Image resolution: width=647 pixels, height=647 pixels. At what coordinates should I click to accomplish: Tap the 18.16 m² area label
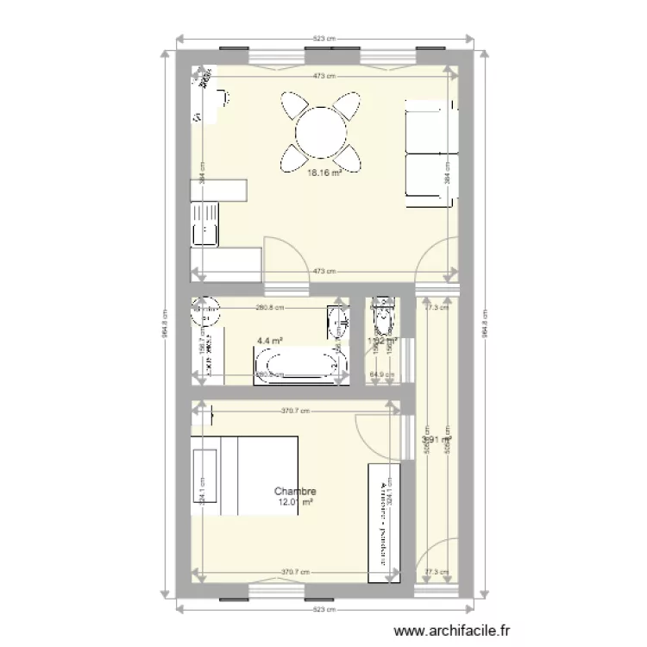324,172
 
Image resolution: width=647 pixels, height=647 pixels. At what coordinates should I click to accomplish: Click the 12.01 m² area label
294,502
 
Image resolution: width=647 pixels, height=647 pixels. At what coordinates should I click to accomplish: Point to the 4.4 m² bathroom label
270,341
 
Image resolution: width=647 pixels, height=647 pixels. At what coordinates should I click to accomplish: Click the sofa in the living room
429,154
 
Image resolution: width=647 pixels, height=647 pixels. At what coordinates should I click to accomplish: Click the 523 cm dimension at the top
324,38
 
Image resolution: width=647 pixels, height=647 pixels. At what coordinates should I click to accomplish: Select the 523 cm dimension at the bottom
324,608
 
